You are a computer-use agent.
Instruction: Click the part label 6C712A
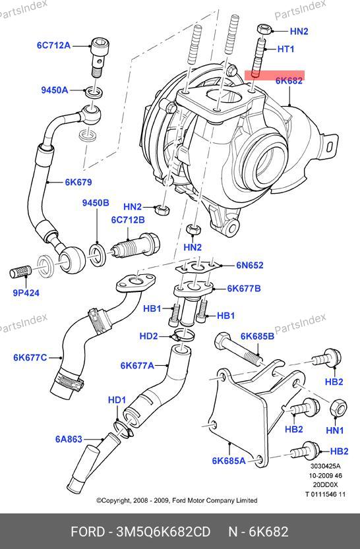click(x=53, y=45)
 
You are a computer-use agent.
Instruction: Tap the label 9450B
click(x=96, y=203)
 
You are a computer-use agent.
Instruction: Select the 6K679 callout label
click(x=78, y=182)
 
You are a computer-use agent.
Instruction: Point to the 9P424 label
click(x=26, y=293)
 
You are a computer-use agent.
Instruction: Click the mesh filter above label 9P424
click(x=20, y=272)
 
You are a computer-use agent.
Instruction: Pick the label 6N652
click(x=250, y=265)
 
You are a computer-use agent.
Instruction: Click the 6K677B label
click(x=244, y=289)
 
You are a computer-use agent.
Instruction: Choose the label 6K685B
click(x=257, y=336)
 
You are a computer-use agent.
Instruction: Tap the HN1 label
click(x=335, y=430)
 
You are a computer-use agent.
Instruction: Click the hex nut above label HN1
click(x=339, y=409)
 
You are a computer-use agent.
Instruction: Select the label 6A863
click(x=69, y=439)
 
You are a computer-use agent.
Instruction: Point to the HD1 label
click(x=117, y=399)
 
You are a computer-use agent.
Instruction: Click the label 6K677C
click(x=30, y=357)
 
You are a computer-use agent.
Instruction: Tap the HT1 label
click(x=286, y=49)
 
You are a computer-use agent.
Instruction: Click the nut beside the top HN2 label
click(x=263, y=29)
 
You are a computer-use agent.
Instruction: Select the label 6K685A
click(x=229, y=461)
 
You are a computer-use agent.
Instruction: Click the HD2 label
click(x=149, y=336)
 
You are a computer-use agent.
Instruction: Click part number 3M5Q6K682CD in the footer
click(x=164, y=531)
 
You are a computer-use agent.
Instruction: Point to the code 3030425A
click(x=326, y=467)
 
